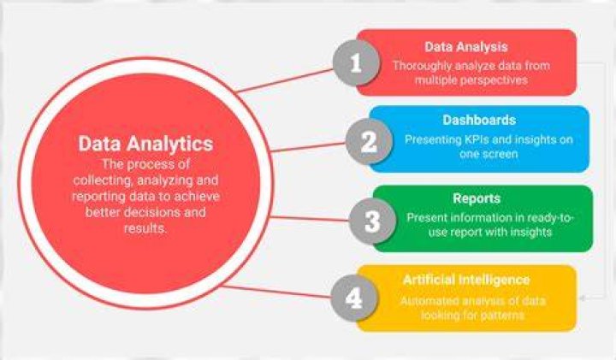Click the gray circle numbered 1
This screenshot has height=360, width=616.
356,62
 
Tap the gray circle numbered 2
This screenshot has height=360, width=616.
369,141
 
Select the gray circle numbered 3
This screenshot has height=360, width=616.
372,221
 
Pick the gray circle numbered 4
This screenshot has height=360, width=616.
354,298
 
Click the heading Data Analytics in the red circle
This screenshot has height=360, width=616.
145,144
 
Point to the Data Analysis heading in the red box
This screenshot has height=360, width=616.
466,47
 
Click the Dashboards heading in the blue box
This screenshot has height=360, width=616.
479,120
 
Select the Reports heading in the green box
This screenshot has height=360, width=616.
477,198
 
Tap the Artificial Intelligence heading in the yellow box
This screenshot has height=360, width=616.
466,280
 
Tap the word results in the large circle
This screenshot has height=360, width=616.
145,228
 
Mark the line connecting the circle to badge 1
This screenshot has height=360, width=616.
286,80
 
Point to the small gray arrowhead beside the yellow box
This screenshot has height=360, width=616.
583,298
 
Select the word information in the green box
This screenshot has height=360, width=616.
480,218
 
